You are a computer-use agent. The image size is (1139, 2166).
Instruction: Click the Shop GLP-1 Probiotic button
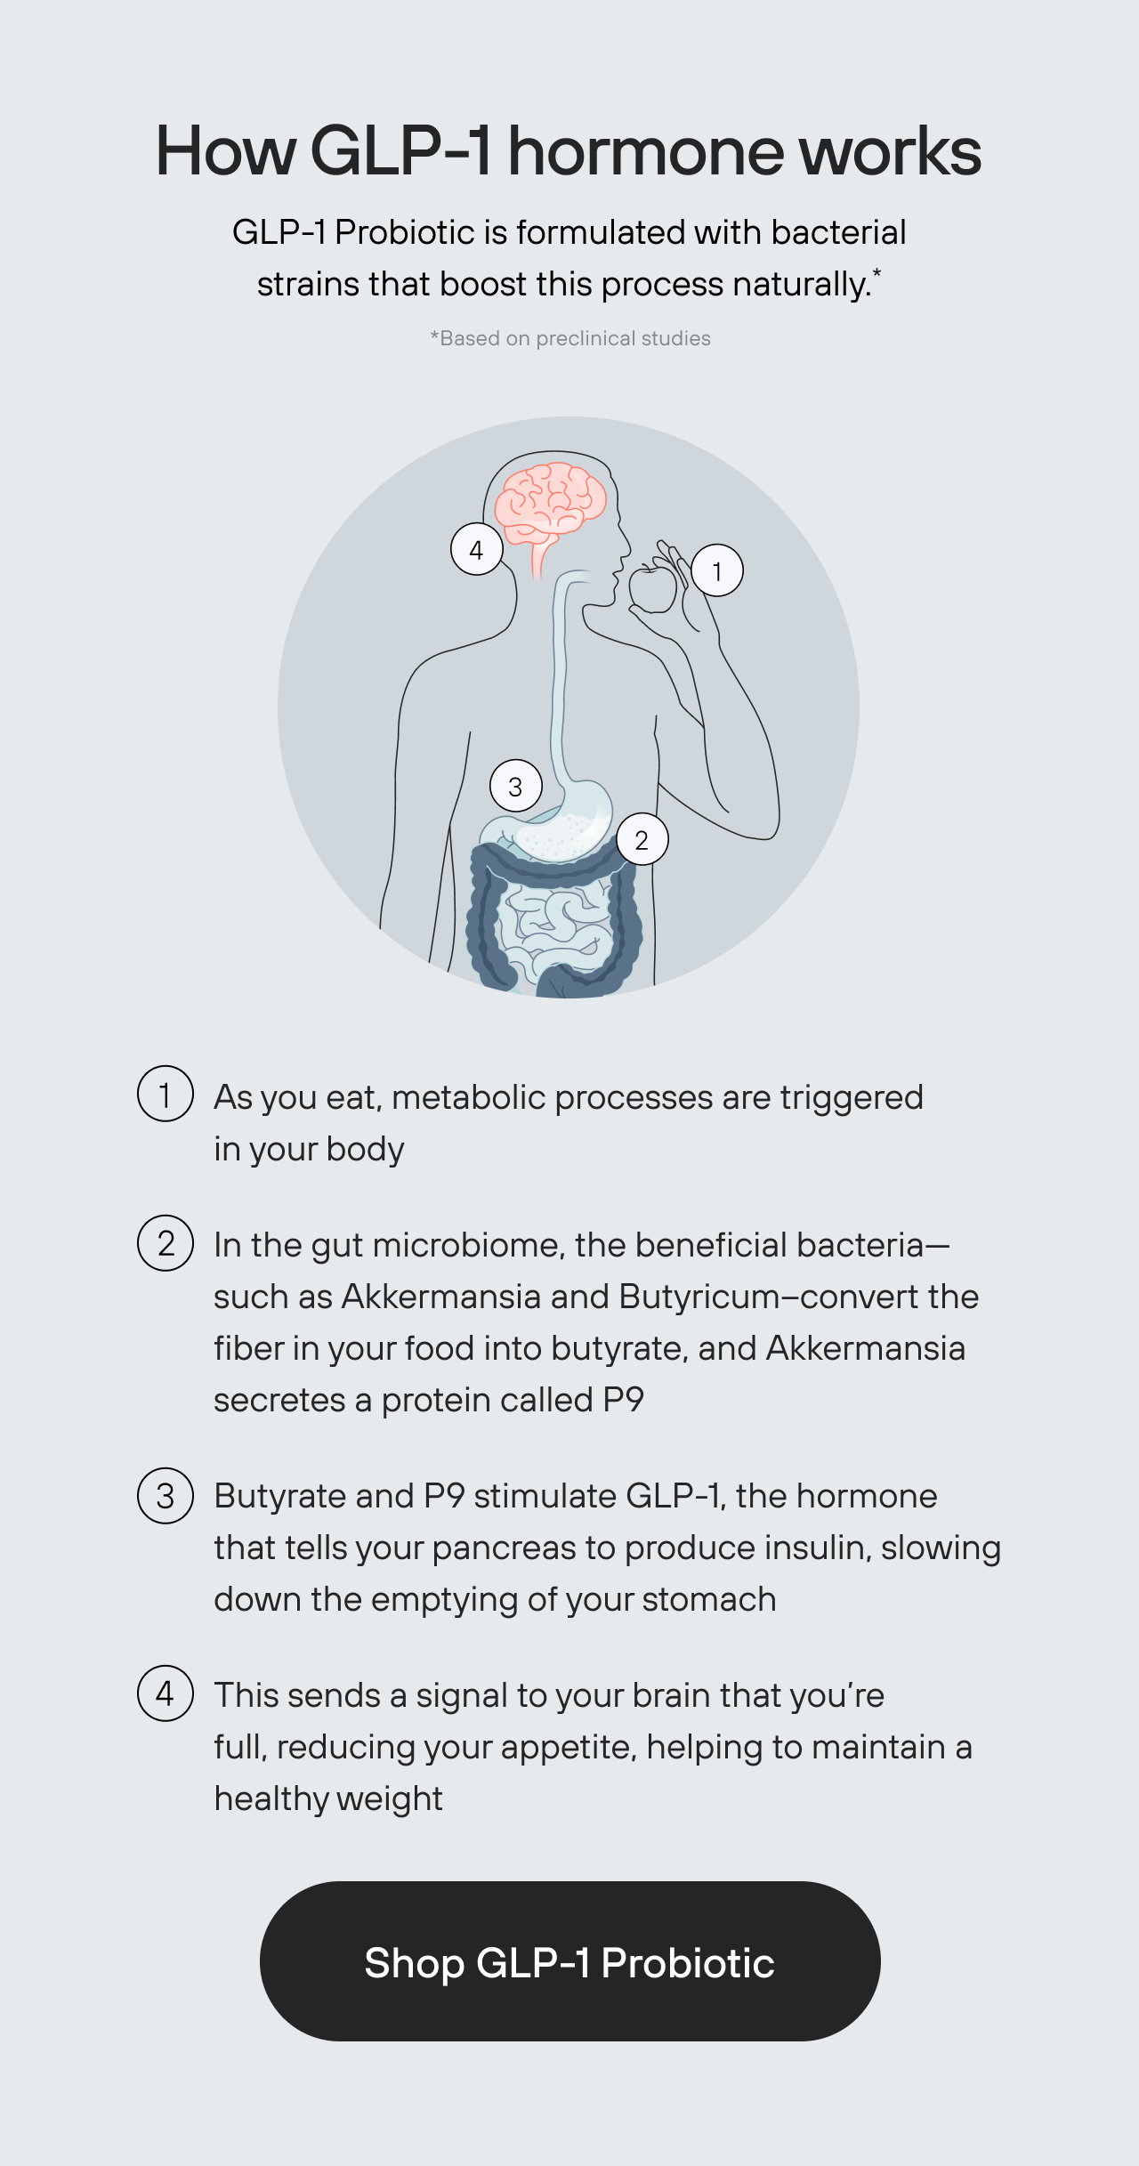569,1961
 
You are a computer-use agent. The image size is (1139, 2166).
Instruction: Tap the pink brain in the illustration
550,503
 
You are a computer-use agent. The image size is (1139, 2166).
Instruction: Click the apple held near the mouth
652,586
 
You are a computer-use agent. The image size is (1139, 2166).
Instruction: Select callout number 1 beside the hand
716,570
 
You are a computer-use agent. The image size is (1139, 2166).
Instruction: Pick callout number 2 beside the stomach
642,839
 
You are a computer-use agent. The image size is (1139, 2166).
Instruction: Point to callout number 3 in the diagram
515,786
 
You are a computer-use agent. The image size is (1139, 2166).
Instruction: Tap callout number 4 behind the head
477,549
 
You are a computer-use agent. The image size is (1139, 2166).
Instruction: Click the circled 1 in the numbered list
166,1094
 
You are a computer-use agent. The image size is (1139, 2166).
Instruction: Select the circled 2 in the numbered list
166,1243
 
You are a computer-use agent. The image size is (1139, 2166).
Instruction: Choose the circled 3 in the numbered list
166,1496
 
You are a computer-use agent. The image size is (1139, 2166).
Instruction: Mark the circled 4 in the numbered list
166,1693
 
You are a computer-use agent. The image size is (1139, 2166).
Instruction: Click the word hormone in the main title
646,151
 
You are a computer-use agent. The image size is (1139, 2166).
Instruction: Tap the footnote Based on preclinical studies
570,338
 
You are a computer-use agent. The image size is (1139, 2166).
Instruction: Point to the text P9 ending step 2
623,1400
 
